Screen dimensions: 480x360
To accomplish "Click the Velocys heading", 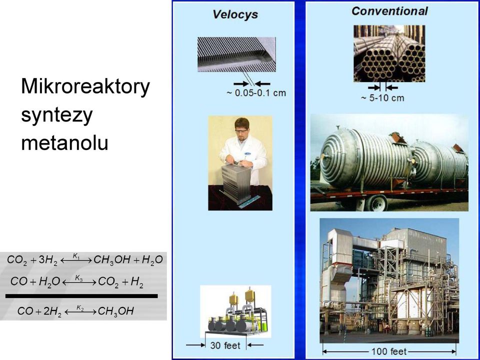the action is (235, 14).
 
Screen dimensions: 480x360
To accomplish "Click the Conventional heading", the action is (389, 11).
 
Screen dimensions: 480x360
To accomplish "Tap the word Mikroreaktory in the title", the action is (85, 87).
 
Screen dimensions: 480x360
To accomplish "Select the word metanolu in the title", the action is (64, 142).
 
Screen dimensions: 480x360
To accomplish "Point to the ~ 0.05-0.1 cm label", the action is (256, 93).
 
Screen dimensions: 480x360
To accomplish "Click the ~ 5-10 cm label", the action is (382, 98).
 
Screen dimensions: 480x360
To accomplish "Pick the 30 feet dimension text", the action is (225, 345).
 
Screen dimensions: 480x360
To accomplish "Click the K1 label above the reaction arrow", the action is (76, 255).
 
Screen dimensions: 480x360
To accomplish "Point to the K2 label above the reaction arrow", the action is (80, 307).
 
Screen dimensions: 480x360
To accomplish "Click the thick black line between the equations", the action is (81, 296).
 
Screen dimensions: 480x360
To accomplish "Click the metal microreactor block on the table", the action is (235, 182).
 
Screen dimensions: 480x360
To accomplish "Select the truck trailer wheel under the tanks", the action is (377, 203).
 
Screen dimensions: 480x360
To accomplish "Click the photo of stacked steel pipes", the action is (389, 53).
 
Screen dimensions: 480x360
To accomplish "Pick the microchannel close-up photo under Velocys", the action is (236, 54).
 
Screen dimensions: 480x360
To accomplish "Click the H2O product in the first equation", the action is (152, 260).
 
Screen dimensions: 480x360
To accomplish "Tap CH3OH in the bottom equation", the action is (115, 311).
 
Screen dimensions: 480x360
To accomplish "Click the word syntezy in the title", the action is (57, 115).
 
